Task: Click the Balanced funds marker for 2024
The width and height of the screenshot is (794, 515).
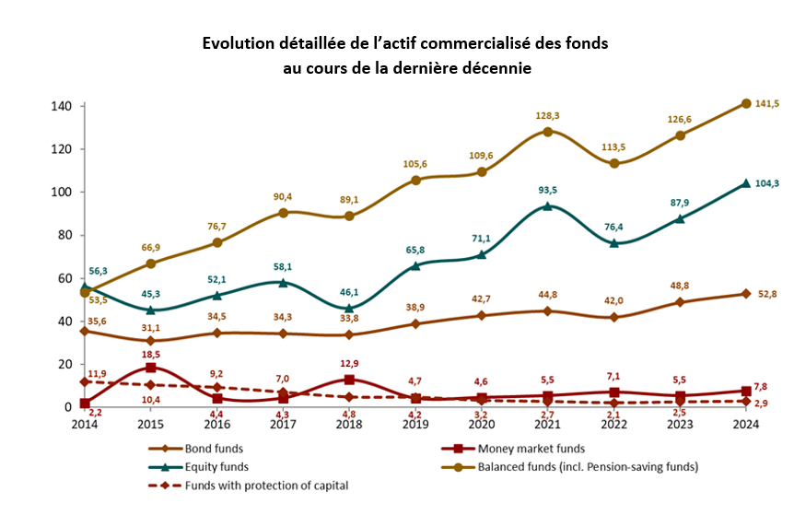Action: pyautogui.click(x=746, y=103)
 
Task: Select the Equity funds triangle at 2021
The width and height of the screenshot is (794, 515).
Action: pyautogui.click(x=547, y=205)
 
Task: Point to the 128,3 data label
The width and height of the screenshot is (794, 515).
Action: pyautogui.click(x=547, y=115)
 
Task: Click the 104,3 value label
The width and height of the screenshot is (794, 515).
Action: pyautogui.click(x=767, y=183)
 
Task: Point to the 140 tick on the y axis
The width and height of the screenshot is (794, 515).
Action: pyautogui.click(x=62, y=106)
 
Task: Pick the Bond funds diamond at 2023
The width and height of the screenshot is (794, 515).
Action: pyautogui.click(x=680, y=302)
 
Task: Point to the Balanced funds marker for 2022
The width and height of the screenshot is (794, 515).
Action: pyautogui.click(x=613, y=164)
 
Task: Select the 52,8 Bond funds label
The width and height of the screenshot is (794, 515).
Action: pyautogui.click(x=767, y=295)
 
